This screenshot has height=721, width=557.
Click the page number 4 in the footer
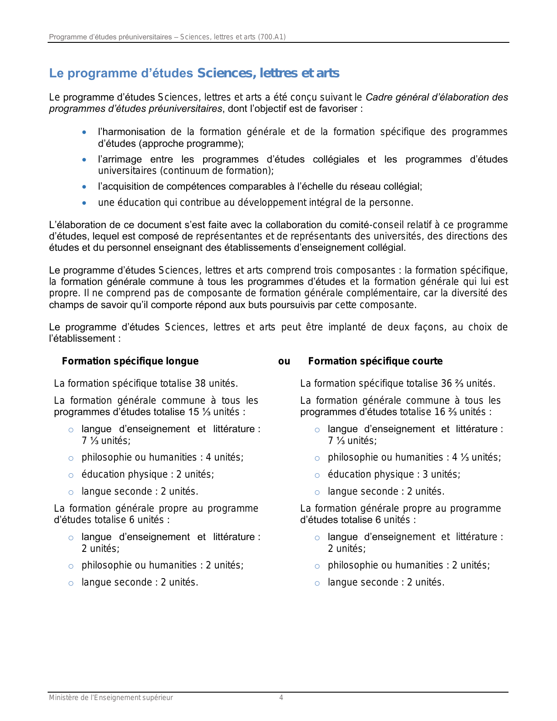[x=281, y=698]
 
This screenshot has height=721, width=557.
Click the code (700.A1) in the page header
[x=272, y=37]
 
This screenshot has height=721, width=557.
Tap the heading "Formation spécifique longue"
[x=130, y=361]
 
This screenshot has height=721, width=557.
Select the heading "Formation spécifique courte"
[x=375, y=361]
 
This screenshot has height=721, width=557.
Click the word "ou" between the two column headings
[x=284, y=361]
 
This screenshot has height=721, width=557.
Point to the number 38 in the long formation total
[x=201, y=384]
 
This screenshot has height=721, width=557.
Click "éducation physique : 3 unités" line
[x=394, y=475]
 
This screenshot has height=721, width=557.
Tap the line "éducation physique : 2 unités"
[x=148, y=475]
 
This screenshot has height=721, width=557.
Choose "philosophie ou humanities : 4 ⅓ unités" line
[x=414, y=458]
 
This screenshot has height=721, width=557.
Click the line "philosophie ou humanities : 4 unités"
[x=163, y=458]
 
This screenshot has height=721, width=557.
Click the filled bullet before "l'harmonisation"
[x=84, y=132]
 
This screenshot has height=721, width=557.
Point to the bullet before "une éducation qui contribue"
[x=84, y=203]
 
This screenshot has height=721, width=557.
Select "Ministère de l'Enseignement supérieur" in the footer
[x=111, y=698]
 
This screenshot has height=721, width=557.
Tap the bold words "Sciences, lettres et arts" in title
[x=268, y=73]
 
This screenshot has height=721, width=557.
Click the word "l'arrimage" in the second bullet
[x=120, y=159]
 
